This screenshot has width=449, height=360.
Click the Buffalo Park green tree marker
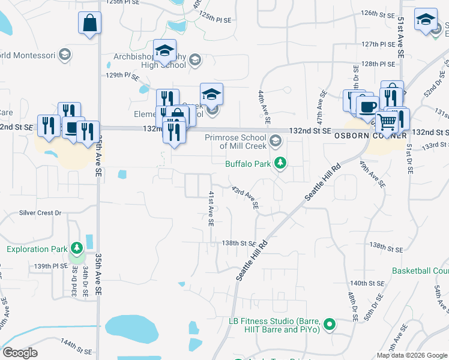(279, 163)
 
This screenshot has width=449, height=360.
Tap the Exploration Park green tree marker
(76, 248)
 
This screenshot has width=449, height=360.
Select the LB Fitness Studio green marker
(329, 325)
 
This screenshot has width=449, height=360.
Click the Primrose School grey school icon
(276, 141)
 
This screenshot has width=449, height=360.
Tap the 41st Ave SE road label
(211, 209)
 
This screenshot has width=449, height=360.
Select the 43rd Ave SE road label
(246, 197)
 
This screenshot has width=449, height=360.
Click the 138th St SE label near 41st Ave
(239, 243)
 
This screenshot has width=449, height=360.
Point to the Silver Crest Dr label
(41, 212)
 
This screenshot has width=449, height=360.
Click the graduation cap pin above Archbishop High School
(164, 51)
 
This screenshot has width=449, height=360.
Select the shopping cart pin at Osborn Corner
(387, 122)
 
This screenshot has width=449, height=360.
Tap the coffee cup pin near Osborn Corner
(367, 107)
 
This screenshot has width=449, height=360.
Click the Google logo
(20, 353)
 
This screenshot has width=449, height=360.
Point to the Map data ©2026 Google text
(412, 355)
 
